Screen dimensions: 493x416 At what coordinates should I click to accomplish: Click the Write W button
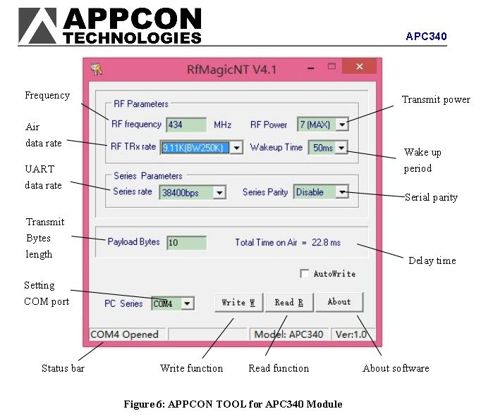238,303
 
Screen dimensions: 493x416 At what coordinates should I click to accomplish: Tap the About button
339,302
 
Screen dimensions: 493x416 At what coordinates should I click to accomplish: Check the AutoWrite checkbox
305,273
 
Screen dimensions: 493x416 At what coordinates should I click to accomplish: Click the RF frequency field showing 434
186,125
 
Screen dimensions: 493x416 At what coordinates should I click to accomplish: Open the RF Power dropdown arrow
342,125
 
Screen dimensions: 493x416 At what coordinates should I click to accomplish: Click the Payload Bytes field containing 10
186,243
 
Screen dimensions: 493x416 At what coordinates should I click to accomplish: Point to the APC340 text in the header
426,37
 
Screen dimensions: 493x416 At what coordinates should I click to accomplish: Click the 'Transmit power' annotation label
436,100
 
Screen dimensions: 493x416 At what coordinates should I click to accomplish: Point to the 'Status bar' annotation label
63,368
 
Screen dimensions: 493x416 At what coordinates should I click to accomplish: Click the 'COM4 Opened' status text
125,334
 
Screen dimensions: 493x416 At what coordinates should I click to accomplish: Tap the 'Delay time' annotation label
432,260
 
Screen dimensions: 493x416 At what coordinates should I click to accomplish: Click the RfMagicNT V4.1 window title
231,69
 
